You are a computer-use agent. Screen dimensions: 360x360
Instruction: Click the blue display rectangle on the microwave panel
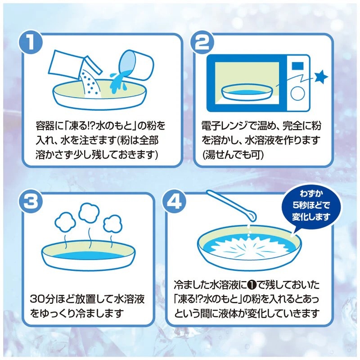[x=297, y=67]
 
